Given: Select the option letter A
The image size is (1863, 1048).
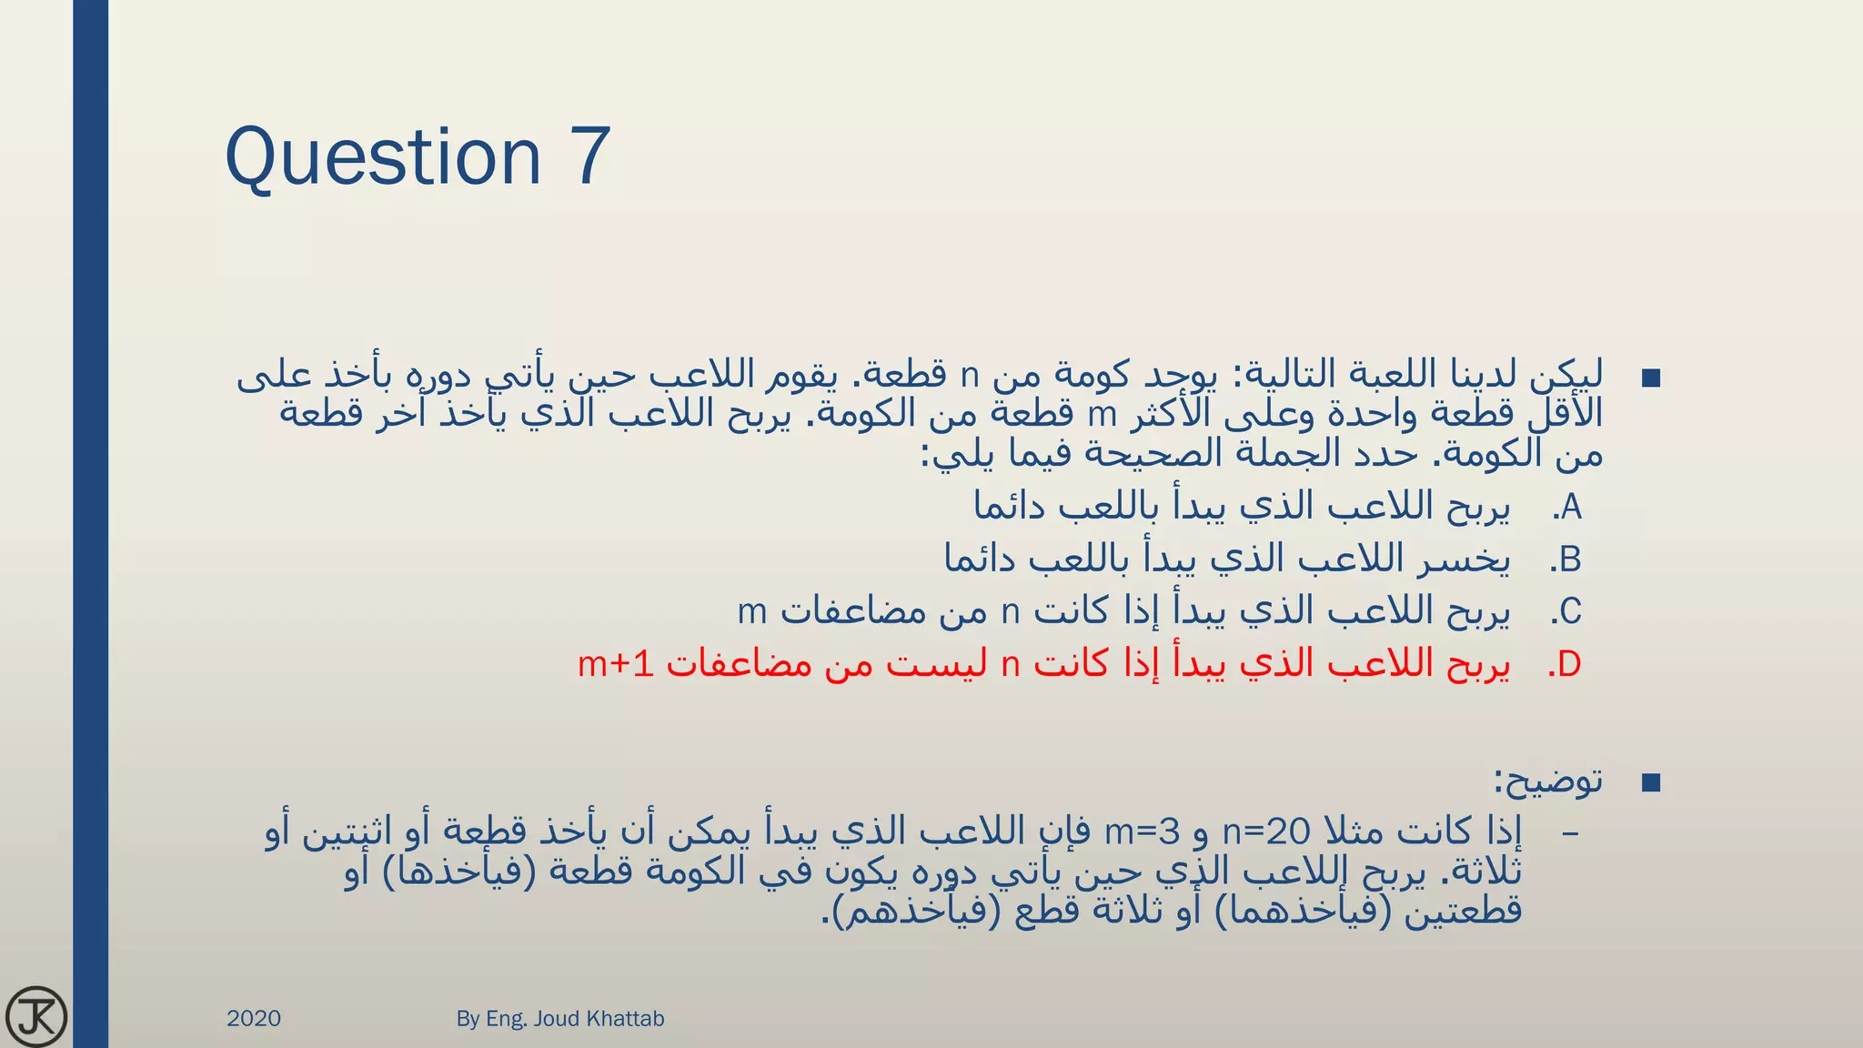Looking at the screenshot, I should pyautogui.click(x=1571, y=508).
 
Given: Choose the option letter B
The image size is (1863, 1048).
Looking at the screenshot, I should pyautogui.click(x=1570, y=559).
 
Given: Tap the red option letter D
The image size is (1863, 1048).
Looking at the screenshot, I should pyautogui.click(x=1569, y=665).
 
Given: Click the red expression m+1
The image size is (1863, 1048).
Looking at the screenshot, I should pyautogui.click(x=616, y=665).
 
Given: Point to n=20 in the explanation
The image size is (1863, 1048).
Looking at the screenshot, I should pyautogui.click(x=1266, y=831).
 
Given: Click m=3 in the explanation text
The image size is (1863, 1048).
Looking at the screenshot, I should pyautogui.click(x=1142, y=831).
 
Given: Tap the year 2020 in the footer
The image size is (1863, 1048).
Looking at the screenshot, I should pyautogui.click(x=254, y=1018).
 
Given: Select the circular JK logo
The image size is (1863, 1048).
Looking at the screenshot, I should pyautogui.click(x=36, y=1016).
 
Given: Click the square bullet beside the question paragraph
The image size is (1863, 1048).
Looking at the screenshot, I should pyautogui.click(x=1651, y=378).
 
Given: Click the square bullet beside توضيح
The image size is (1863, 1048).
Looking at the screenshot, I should pyautogui.click(x=1651, y=782).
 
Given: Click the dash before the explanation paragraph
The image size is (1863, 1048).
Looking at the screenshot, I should pyautogui.click(x=1569, y=832).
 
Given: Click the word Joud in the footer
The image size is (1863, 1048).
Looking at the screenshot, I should pyautogui.click(x=556, y=1018).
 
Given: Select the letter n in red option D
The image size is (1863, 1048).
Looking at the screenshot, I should pyautogui.click(x=1010, y=665).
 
